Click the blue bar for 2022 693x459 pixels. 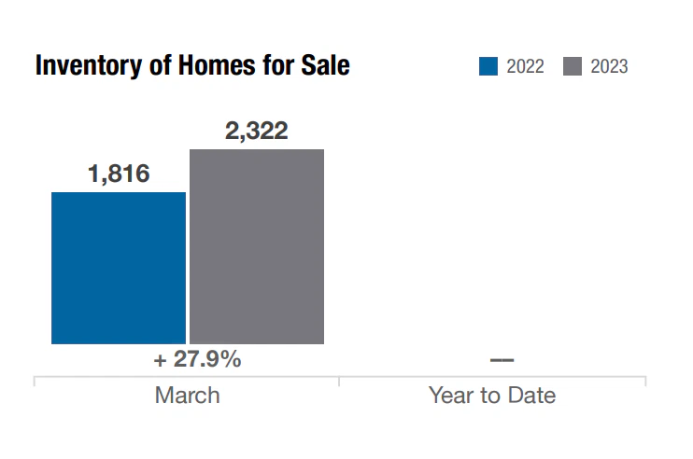119,268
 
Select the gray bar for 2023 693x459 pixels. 257,246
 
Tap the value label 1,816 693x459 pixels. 119,174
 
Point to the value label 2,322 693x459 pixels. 257,131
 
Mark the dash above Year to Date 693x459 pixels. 502,360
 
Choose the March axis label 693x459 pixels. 188,395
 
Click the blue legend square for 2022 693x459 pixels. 488,66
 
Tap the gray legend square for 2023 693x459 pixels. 573,66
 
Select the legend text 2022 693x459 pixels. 525,66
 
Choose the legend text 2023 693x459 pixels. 609,66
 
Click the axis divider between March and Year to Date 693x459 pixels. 339,381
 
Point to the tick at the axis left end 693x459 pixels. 35,381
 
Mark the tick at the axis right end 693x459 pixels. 645,381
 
